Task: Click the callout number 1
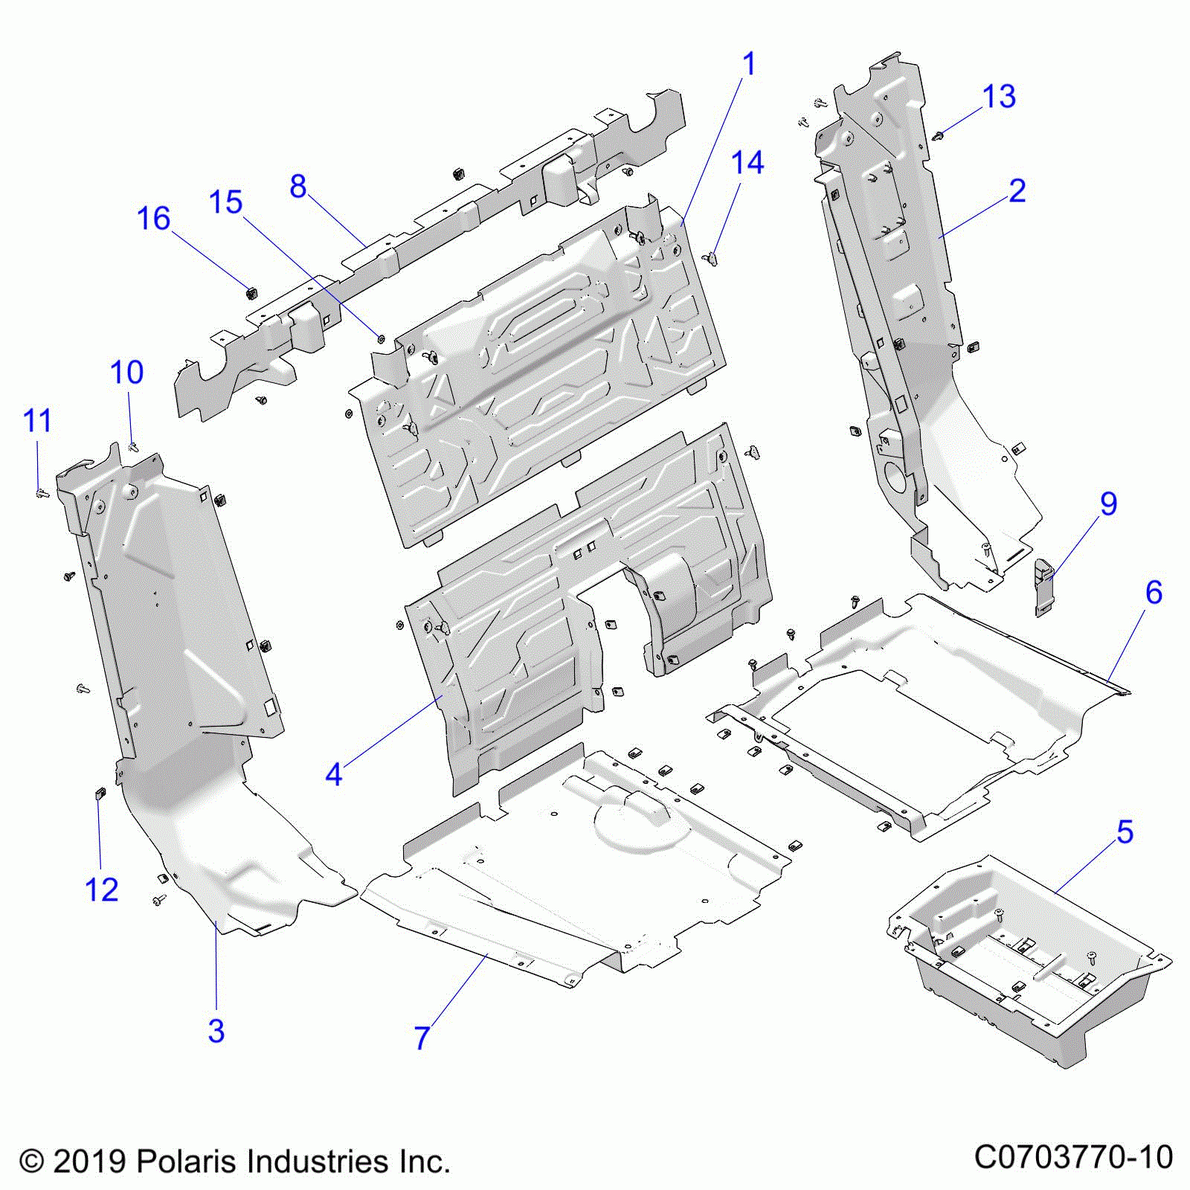749,64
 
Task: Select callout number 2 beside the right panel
1017,191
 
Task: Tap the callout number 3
216,1031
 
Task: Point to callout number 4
334,774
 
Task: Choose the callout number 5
1125,832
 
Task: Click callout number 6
1153,592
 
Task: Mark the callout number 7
422,1038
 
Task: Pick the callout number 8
298,186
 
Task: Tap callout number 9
1108,504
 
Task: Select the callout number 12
102,890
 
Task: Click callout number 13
999,97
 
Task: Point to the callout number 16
154,219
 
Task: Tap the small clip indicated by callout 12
100,794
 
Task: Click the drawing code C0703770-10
1073,1157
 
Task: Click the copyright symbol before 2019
31,1162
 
